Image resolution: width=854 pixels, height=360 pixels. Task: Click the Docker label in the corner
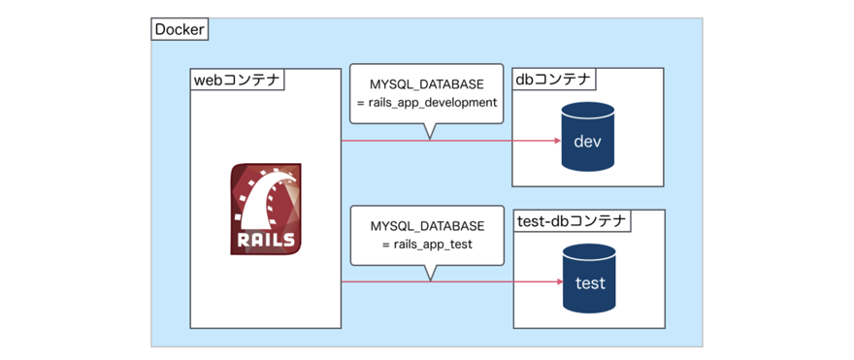coord(181,29)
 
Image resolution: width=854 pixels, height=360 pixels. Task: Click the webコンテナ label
coord(237,80)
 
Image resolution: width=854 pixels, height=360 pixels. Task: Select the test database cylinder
coord(589,279)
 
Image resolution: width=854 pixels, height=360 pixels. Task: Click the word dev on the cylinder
coord(588,143)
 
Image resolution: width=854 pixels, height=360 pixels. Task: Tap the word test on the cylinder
coord(589,283)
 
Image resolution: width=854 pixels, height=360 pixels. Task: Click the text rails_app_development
coord(433,103)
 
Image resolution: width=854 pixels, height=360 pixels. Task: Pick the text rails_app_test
coord(433,245)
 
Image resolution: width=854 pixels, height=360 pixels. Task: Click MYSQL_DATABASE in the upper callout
coord(427,84)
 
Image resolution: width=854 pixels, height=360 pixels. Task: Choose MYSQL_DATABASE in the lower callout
coord(427,226)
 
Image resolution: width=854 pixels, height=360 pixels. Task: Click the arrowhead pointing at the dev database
coord(558,141)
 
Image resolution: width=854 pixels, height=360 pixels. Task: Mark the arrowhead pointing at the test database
coord(558,282)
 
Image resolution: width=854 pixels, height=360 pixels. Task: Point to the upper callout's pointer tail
coord(429,131)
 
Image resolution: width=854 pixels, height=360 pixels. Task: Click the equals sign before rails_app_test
coord(387,245)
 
